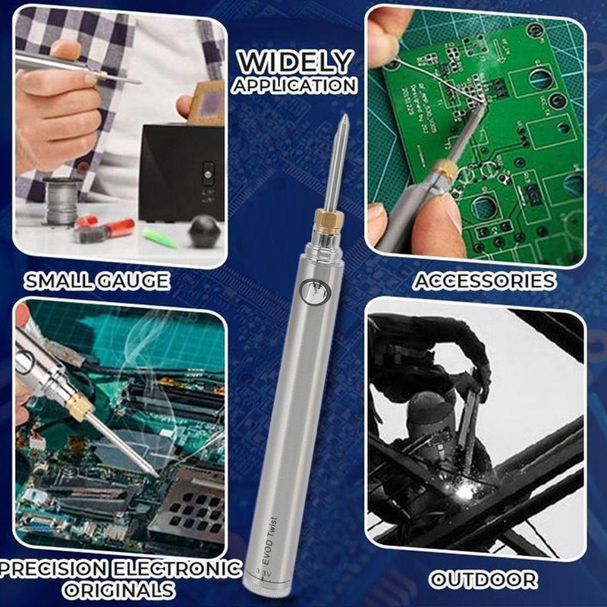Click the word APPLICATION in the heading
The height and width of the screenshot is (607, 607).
click(x=295, y=85)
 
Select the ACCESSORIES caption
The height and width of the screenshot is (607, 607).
click(x=484, y=281)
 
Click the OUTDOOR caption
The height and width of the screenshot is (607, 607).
click(x=483, y=580)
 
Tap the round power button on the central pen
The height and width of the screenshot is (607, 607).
click(x=310, y=289)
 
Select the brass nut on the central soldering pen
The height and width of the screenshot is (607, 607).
click(x=328, y=221)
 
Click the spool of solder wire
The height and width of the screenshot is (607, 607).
click(x=61, y=199)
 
